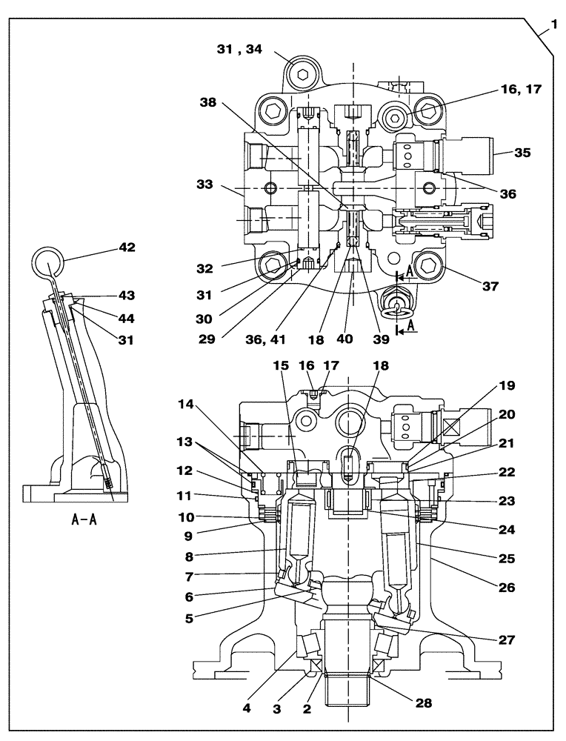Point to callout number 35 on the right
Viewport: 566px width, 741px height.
[522, 154]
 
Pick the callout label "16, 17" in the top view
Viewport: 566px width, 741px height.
[522, 89]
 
